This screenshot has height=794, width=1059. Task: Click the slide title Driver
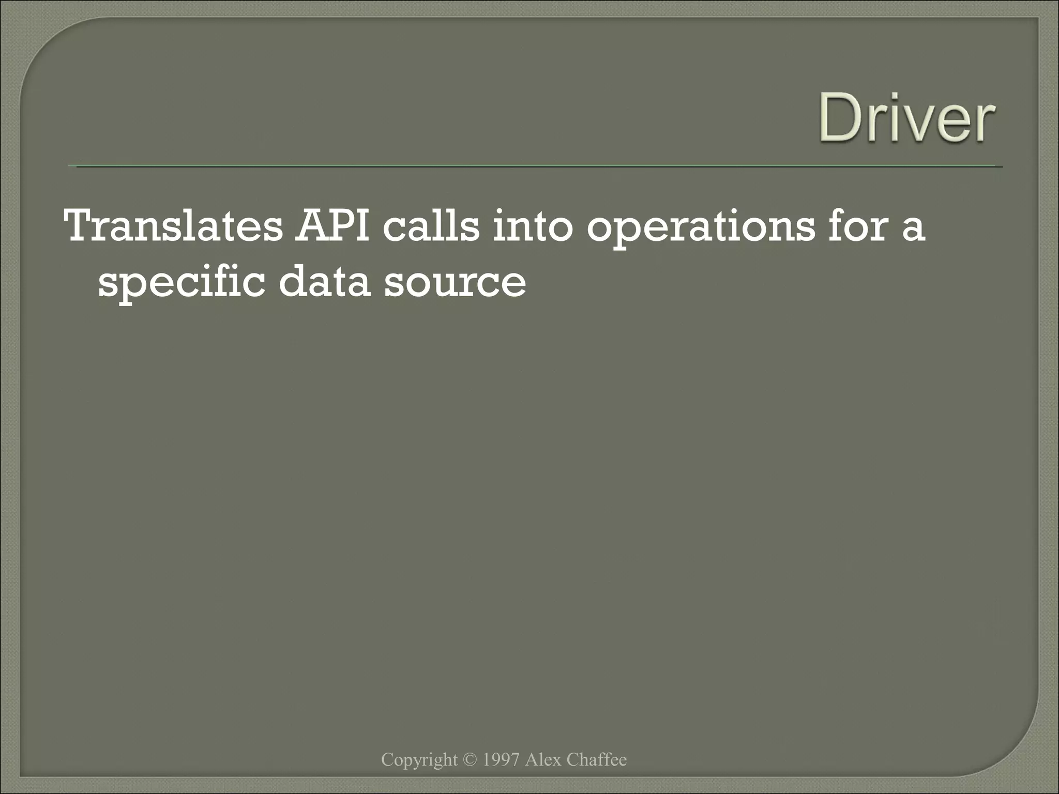tap(906, 118)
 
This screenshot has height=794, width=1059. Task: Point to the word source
tap(455, 284)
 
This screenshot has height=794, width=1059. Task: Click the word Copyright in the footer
tap(419, 759)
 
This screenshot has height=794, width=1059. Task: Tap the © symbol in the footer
tap(470, 759)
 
